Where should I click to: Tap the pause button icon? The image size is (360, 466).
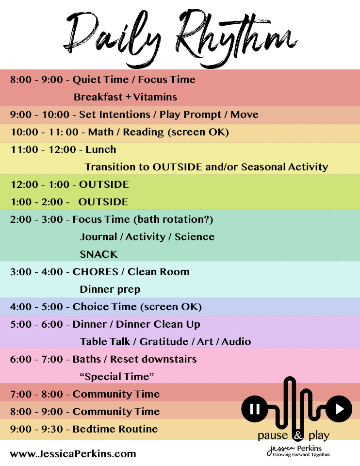(x=255, y=409)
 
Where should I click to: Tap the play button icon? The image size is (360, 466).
(x=339, y=409)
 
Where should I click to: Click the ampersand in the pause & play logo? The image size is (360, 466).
(x=298, y=436)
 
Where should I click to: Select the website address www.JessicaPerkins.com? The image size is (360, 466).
(x=73, y=454)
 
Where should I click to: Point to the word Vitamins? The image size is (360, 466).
(x=155, y=97)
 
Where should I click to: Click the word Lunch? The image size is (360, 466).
(x=101, y=149)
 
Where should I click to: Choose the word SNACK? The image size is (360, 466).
(x=98, y=254)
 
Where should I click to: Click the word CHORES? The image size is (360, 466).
(x=96, y=272)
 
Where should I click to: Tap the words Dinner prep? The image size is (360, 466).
(x=110, y=289)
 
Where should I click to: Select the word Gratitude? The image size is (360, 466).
(x=164, y=341)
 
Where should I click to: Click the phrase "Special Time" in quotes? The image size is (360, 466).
(x=117, y=377)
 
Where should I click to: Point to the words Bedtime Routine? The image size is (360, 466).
(x=115, y=429)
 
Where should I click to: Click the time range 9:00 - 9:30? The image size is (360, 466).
(x=36, y=429)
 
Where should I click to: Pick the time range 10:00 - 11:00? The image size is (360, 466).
(x=45, y=132)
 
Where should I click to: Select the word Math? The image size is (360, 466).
(x=101, y=132)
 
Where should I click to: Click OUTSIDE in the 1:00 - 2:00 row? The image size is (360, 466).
(x=103, y=202)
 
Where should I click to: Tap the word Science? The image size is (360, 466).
(x=195, y=236)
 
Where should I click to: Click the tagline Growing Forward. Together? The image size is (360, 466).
(x=302, y=454)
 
